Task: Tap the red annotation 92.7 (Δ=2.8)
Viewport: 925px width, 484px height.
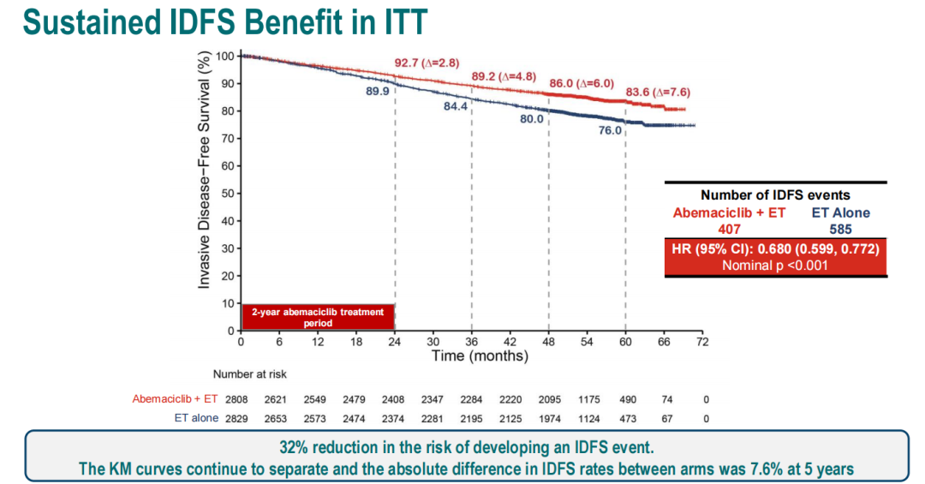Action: [427, 63]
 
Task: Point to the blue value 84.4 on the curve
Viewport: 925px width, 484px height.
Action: [455, 107]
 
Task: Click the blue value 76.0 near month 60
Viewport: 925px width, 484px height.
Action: [610, 131]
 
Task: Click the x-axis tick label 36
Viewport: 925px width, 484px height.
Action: [471, 342]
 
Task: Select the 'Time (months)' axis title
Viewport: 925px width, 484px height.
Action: [480, 356]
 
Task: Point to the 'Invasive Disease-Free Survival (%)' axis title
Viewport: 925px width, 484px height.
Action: [204, 170]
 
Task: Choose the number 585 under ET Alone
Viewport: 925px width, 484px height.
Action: [840, 229]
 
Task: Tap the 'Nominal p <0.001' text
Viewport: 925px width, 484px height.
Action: [776, 265]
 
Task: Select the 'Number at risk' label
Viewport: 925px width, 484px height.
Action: [250, 373]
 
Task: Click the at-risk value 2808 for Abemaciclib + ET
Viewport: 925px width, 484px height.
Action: [235, 399]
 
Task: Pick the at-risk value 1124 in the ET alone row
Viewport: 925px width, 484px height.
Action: [587, 419]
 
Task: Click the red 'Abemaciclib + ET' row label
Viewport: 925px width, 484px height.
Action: [176, 399]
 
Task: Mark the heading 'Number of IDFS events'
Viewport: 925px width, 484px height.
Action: [775, 195]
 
